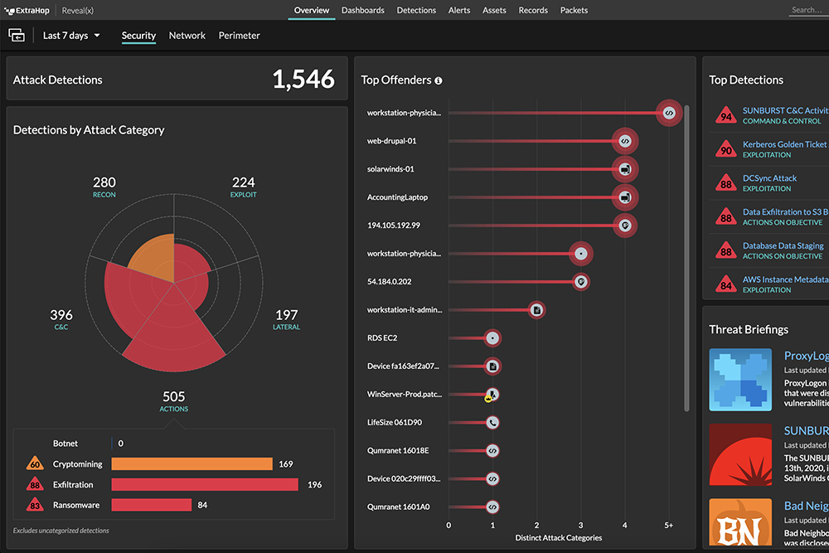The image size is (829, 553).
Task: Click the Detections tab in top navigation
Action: click(416, 10)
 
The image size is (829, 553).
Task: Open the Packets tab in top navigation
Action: click(574, 10)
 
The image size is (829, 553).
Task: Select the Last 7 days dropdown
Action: click(71, 36)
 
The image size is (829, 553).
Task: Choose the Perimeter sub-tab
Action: click(239, 36)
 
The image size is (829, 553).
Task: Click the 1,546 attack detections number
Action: click(303, 80)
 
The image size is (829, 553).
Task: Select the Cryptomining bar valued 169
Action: click(191, 464)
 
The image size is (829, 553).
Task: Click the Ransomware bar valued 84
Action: click(152, 504)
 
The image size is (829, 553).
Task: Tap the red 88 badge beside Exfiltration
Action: click(35, 485)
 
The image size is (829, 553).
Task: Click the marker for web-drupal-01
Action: click(625, 141)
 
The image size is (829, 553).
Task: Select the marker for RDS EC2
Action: click(492, 338)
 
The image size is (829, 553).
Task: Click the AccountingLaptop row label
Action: click(397, 197)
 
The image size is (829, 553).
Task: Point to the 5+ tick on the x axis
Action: click(669, 525)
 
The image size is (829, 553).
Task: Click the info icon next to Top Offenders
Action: click(439, 80)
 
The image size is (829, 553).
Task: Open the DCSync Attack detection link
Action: click(769, 178)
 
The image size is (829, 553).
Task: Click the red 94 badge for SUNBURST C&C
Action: click(726, 116)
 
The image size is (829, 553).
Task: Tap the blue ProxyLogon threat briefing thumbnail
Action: click(740, 380)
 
